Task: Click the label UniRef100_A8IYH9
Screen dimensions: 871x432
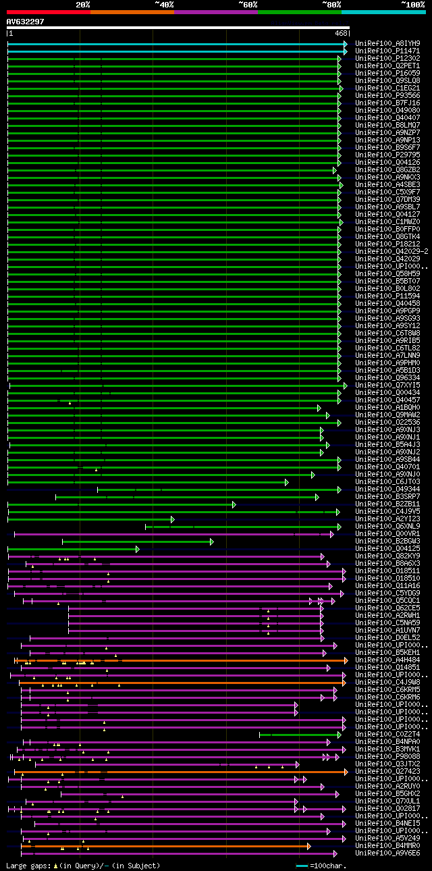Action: pos(387,43)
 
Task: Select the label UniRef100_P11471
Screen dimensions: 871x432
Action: pos(387,51)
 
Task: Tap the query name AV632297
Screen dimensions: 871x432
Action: pos(25,22)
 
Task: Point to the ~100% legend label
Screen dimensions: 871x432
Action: pos(411,4)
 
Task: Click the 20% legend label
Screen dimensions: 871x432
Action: pos(83,4)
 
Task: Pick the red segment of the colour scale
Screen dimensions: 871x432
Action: pos(48,12)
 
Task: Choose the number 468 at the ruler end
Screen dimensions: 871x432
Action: pos(341,32)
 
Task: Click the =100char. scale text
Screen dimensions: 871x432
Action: pos(329,865)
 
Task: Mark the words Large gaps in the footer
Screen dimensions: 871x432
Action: pos(28,865)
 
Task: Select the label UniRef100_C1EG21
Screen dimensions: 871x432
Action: pos(387,88)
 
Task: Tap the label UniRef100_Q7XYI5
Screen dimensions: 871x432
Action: pos(387,385)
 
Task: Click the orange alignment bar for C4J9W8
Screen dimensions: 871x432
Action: pos(182,682)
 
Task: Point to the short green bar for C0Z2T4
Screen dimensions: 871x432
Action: pos(300,734)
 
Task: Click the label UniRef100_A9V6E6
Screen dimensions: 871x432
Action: pos(387,853)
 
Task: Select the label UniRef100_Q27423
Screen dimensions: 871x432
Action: pos(387,771)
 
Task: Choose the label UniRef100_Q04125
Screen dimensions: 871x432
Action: pos(387,548)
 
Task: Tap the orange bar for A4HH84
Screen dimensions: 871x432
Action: pos(182,660)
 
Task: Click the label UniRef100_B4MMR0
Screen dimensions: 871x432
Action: pos(387,845)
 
